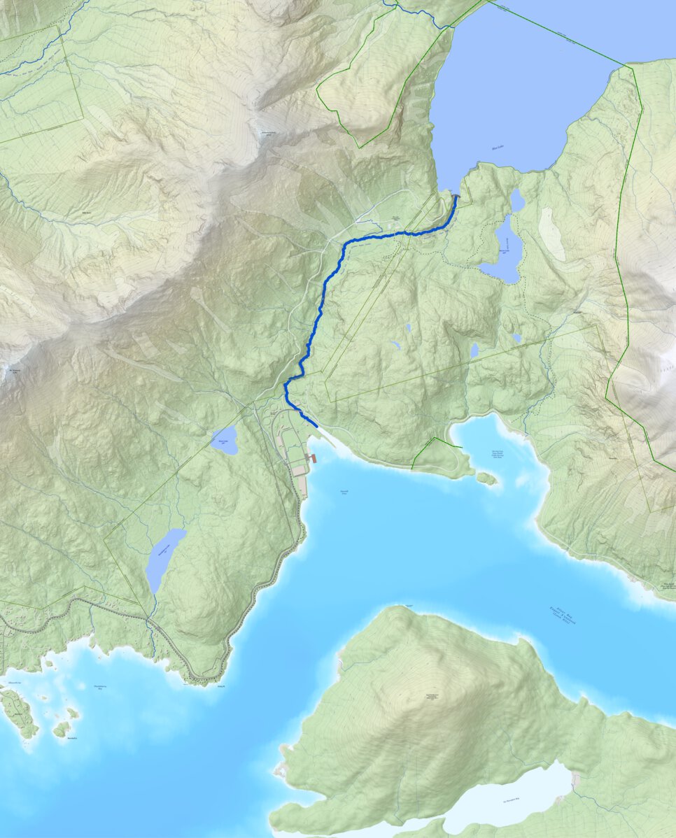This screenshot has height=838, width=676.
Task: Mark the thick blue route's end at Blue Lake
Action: [x=457, y=197]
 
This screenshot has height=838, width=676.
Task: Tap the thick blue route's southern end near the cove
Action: [x=316, y=425]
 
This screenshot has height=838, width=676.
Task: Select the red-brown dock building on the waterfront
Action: [x=312, y=458]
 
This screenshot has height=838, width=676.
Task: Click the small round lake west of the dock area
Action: [x=224, y=441]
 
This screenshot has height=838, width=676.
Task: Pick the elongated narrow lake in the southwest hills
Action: [x=164, y=560]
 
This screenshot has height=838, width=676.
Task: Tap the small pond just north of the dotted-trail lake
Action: [x=517, y=201]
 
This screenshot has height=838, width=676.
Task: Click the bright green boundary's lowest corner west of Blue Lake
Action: [x=360, y=148]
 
